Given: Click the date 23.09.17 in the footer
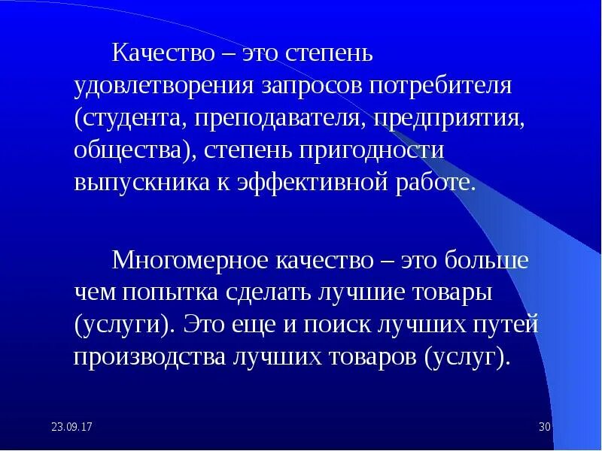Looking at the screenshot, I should [71, 427].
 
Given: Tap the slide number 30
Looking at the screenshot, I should [546, 427].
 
